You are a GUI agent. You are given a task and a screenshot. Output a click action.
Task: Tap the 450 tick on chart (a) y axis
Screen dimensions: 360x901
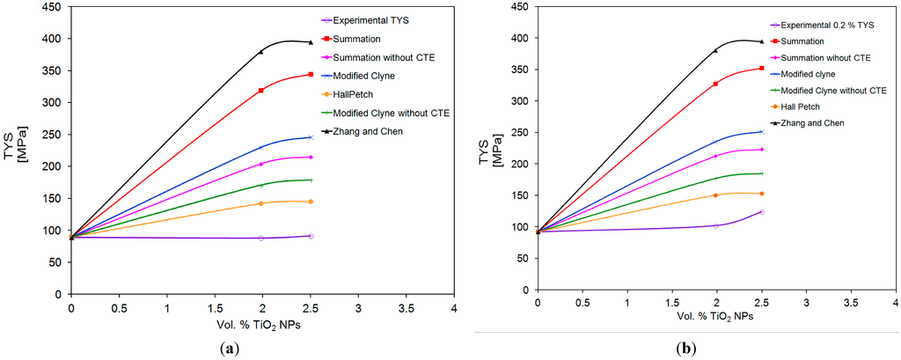point(52,7)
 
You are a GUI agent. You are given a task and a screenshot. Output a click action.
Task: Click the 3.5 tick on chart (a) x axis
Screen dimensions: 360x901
point(406,311)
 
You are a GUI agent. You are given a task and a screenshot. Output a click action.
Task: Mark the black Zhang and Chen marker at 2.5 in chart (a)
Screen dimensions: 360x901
point(310,42)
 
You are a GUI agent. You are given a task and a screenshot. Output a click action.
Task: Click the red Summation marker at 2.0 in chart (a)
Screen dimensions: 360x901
point(261,90)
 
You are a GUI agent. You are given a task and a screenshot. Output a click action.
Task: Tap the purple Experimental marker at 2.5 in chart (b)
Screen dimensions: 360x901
point(761,212)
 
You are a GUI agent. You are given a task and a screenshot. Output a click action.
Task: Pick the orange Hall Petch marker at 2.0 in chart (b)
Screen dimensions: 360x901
point(715,195)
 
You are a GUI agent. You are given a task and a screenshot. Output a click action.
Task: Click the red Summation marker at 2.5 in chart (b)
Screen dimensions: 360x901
point(761,68)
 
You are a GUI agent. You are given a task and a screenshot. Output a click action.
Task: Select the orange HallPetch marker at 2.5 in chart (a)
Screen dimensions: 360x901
point(310,202)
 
